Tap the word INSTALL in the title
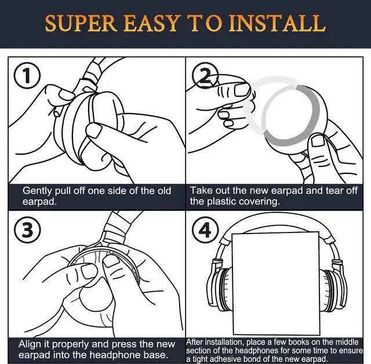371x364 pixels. point(277,23)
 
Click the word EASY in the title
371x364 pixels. point(151,23)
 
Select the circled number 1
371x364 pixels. point(27,76)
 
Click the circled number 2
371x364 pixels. point(205,76)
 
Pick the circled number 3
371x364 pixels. point(27,230)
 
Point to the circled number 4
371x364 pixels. point(205,230)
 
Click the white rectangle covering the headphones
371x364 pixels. point(276,283)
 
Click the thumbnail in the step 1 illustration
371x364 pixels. point(93,130)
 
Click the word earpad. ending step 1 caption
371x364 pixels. point(39,202)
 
